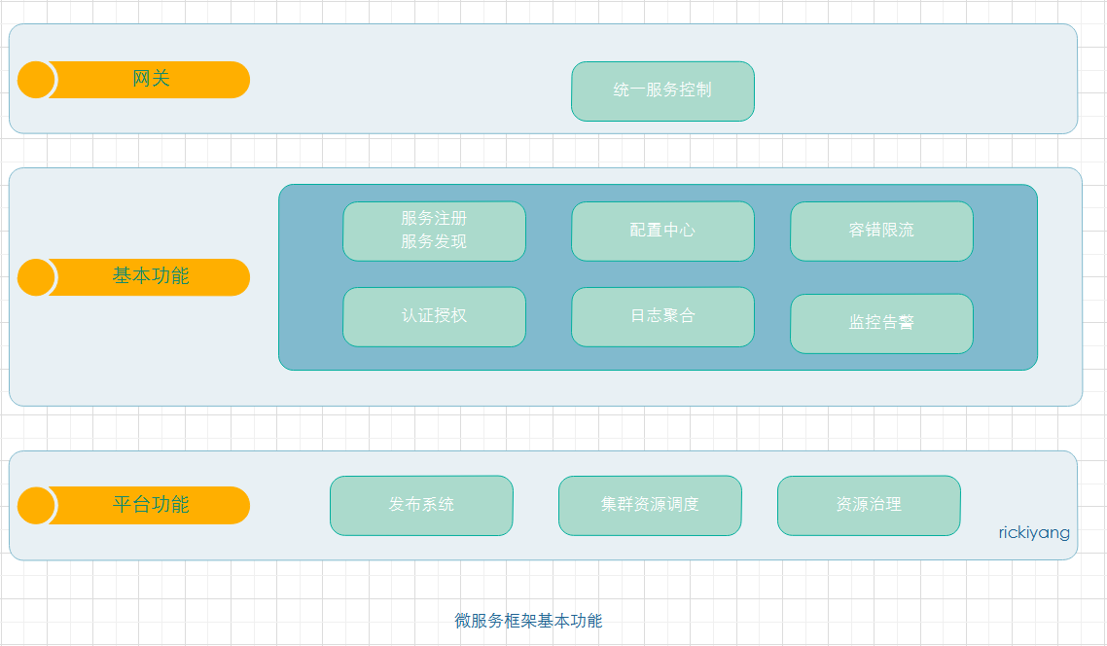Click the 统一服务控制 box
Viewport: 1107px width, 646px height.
click(x=662, y=90)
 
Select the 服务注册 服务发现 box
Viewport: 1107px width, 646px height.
click(x=434, y=231)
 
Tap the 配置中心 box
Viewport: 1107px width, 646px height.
click(x=662, y=231)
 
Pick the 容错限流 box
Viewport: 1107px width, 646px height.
click(x=881, y=231)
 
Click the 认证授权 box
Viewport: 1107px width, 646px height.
click(x=434, y=316)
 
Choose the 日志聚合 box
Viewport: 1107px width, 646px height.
click(x=662, y=316)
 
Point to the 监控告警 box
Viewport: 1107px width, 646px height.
click(x=881, y=323)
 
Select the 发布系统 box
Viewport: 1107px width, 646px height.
click(x=421, y=505)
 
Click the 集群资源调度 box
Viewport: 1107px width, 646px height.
click(x=650, y=505)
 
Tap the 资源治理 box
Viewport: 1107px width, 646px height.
click(x=869, y=505)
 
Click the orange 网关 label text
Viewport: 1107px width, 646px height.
click(x=151, y=79)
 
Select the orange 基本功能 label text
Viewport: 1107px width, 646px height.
click(x=151, y=276)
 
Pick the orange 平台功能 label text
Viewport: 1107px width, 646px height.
click(x=151, y=505)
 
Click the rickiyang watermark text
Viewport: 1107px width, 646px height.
click(x=1034, y=533)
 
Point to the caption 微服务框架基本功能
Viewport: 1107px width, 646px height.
click(x=528, y=621)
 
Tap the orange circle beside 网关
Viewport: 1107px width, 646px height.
click(x=36, y=80)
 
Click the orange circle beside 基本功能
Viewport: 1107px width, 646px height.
click(x=36, y=277)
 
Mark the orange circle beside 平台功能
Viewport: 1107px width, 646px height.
click(x=36, y=506)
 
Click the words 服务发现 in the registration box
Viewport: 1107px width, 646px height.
click(x=434, y=242)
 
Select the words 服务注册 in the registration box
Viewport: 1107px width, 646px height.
click(x=434, y=219)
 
